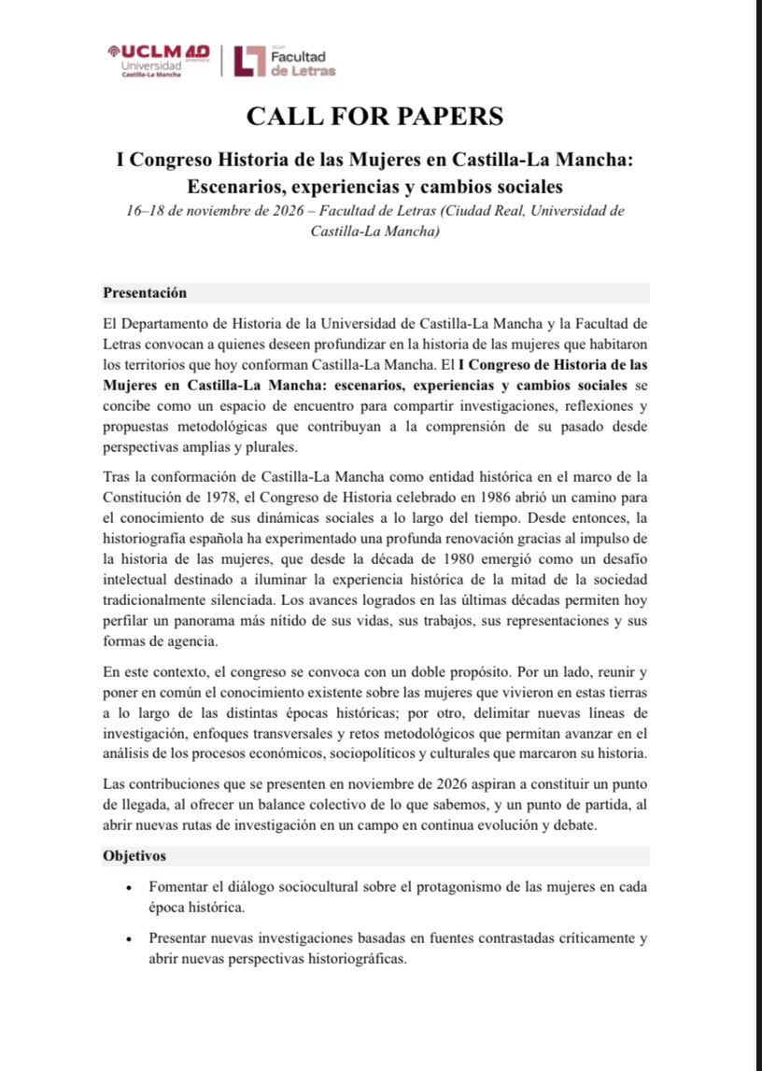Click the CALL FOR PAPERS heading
(374, 116)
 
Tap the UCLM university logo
(158, 61)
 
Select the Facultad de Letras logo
(285, 61)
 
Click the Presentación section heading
(145, 292)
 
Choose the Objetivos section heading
(134, 855)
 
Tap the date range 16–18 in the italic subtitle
(148, 211)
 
